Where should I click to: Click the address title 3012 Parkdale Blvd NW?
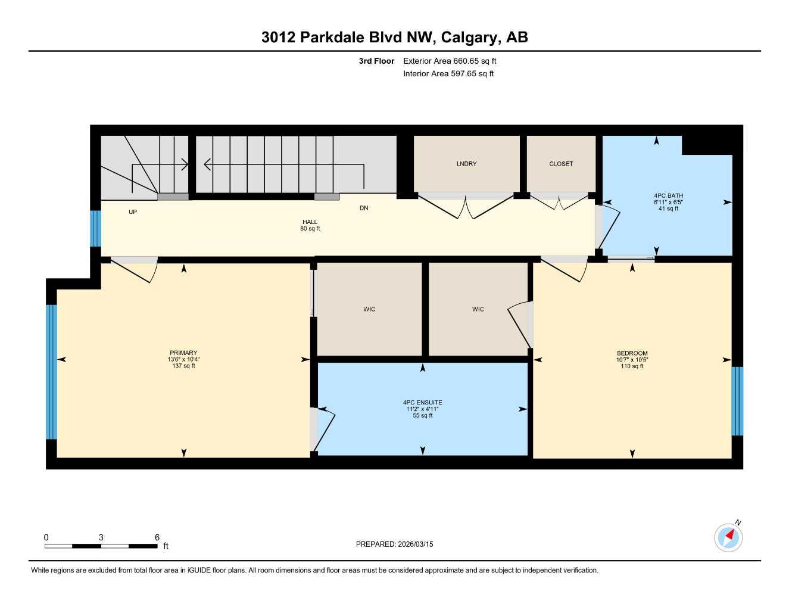tap(394, 38)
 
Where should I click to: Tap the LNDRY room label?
tap(466, 164)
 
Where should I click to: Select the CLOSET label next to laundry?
tap(561, 164)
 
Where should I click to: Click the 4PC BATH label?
tap(668, 196)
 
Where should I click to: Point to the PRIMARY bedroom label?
tap(183, 353)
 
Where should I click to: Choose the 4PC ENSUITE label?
tap(422, 403)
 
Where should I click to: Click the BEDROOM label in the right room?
tap(632, 353)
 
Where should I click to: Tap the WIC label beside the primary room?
tap(369, 309)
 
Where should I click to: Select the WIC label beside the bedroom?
tap(478, 309)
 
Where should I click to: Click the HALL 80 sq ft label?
tap(310, 225)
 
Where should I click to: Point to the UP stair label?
tap(133, 212)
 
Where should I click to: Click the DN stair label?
tap(364, 208)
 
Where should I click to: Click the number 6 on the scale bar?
tap(157, 537)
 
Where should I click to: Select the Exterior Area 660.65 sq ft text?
tap(450, 61)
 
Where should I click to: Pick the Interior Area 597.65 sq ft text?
tap(448, 74)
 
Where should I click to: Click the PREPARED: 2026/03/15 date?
tap(394, 544)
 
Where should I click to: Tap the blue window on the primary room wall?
tap(51, 372)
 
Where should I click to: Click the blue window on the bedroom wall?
tap(737, 401)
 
